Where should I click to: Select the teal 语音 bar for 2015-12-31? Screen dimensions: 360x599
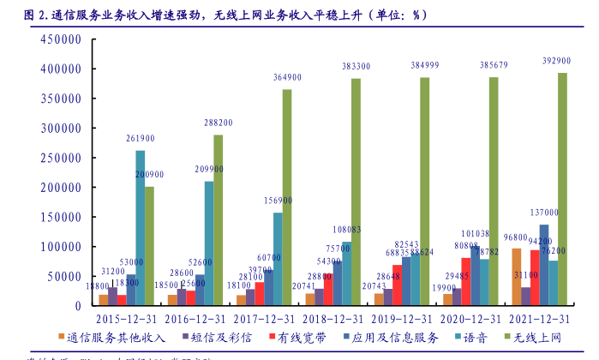pos(141,228)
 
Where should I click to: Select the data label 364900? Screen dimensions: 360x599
pos(287,78)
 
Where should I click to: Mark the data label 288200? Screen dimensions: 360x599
pos(218,123)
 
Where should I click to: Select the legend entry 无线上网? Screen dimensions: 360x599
pos(540,339)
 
